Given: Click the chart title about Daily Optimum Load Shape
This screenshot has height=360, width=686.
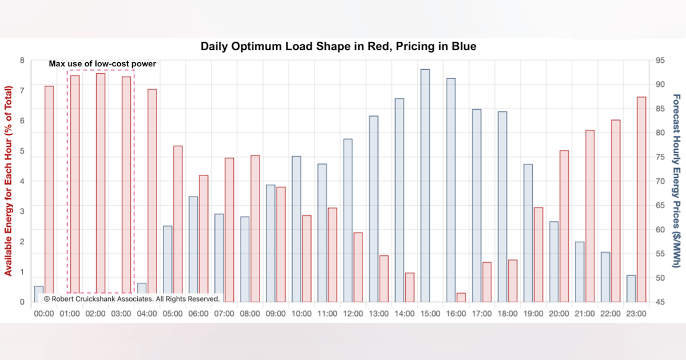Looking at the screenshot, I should tap(338, 46).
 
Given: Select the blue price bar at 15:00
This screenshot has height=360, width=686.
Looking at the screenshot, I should tap(425, 186).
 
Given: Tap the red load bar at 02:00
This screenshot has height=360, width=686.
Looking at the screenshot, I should tap(100, 183).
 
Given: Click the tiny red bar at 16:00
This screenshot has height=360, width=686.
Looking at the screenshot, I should tap(461, 297).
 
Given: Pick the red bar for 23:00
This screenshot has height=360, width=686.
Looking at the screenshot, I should tap(641, 199).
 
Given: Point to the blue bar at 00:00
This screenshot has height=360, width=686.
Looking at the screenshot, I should tap(39, 294).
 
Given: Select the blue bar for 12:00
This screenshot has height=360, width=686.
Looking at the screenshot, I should tap(348, 220).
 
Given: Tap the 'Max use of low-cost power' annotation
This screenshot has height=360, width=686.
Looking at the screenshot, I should tap(102, 63).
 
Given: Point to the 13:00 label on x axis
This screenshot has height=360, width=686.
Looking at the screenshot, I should tap(378, 314).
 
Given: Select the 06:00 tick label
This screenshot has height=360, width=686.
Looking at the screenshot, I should tap(198, 314).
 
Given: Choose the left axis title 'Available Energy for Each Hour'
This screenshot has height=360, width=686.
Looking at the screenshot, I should tap(9, 181).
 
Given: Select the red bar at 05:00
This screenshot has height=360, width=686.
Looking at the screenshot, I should tap(178, 223).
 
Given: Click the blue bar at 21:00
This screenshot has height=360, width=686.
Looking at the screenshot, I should tap(580, 272).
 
